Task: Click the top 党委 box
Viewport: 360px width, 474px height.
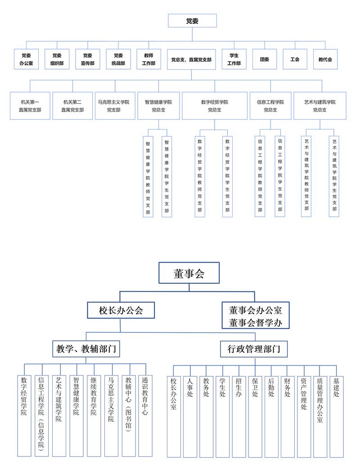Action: (x=192, y=21)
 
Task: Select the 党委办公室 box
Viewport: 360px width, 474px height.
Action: (x=26, y=59)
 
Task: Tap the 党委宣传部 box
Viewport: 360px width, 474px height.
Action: (x=88, y=59)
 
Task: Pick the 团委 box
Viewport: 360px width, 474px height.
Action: (x=265, y=59)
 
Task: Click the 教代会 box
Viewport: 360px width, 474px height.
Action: (x=325, y=59)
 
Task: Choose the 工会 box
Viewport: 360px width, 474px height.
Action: (x=295, y=59)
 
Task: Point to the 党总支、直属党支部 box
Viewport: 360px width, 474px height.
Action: (x=191, y=59)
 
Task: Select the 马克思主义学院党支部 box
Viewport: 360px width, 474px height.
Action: (x=115, y=106)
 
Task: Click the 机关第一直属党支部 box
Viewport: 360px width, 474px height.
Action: (x=30, y=106)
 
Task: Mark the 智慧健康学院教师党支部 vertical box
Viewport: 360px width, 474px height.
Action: (x=148, y=177)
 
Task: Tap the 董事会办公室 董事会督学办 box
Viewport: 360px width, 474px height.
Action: (x=256, y=316)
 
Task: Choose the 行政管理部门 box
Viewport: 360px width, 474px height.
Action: (x=254, y=349)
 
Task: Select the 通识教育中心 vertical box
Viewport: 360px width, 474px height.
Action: (x=145, y=416)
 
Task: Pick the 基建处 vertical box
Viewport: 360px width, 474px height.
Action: (x=337, y=416)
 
